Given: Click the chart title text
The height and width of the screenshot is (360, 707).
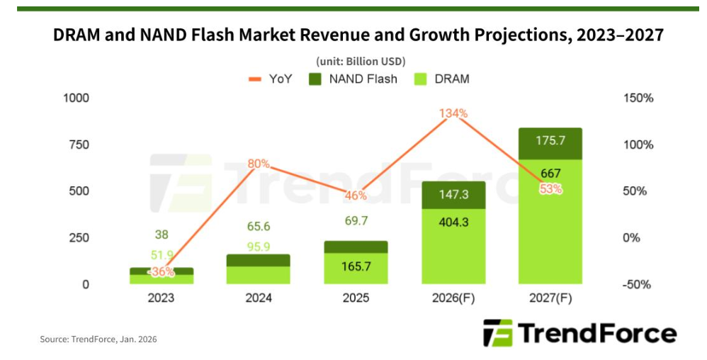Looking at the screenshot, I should [x=358, y=35].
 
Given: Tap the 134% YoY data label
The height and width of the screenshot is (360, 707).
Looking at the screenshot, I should [x=453, y=113].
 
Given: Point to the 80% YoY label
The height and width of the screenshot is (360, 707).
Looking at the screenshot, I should [x=259, y=164].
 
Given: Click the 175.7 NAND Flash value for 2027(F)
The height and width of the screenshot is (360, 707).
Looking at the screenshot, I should [x=550, y=140].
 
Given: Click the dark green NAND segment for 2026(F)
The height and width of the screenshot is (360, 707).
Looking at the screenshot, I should [x=453, y=195].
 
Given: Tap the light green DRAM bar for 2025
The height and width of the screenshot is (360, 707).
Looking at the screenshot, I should [x=356, y=269].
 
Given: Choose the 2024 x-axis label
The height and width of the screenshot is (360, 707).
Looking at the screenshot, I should [x=259, y=298].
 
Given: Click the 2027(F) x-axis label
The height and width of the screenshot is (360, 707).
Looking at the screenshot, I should [x=550, y=298].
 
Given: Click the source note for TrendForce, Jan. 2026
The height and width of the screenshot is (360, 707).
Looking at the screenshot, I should [x=98, y=339].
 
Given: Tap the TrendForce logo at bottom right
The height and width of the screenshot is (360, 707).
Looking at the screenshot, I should [x=579, y=333].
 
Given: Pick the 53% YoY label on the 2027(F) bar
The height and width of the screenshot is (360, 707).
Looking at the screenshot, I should [x=550, y=189].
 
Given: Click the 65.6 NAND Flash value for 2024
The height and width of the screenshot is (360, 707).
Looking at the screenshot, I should [x=259, y=227].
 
